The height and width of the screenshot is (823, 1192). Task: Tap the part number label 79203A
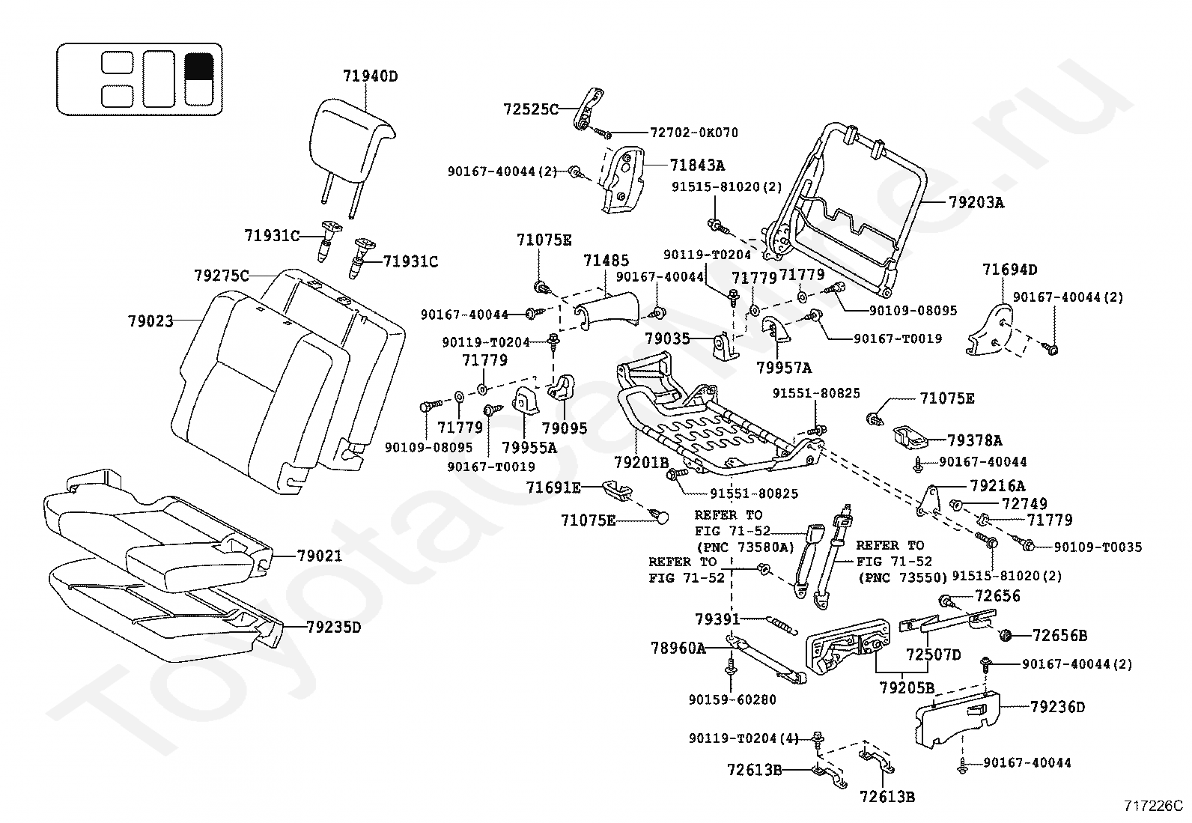coord(976,203)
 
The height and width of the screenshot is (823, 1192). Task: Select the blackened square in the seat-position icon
coord(199,67)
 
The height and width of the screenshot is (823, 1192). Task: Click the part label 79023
coord(150,321)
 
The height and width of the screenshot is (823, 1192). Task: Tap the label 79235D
coord(334,628)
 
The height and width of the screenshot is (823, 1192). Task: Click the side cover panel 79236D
coord(958,719)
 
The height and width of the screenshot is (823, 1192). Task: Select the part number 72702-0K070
coord(694,133)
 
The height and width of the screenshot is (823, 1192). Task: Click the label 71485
coord(606,261)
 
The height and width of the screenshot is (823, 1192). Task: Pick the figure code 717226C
coord(1153,806)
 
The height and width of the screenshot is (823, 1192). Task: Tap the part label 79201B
coord(641,463)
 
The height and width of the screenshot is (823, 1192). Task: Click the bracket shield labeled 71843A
coord(624,180)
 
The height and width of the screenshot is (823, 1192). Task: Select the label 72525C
coord(531,109)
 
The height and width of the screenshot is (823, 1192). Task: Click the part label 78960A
coord(678,649)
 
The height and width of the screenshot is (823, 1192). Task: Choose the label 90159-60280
coord(732,699)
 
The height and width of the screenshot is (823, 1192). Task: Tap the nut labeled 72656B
coord(1006,635)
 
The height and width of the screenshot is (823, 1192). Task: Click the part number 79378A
coord(975,441)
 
